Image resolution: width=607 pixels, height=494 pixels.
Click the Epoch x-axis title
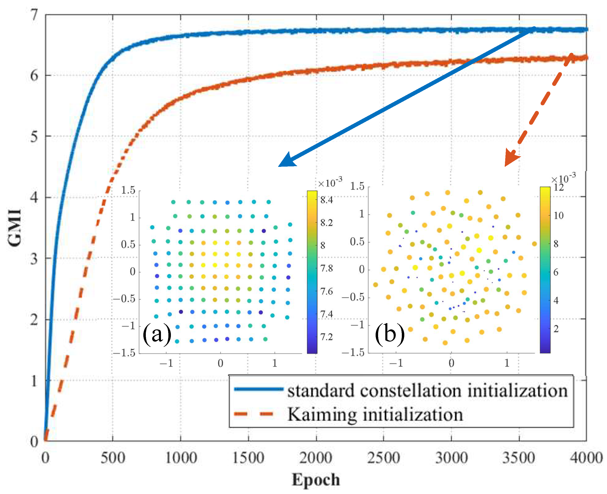pyautogui.click(x=316, y=480)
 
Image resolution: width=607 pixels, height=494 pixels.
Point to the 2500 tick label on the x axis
pyautogui.click(x=383, y=457)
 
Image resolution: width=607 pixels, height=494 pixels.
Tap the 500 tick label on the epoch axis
pyautogui.click(x=113, y=457)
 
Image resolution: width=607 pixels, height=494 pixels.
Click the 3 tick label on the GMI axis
pyautogui.click(x=34, y=258)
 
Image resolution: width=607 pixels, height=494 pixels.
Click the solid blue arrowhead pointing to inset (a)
pyautogui.click(x=286, y=161)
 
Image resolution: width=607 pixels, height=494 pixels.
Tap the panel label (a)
pyautogui.click(x=157, y=334)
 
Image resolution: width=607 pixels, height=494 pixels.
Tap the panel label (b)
pyautogui.click(x=390, y=334)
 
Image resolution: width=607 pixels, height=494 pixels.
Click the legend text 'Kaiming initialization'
pyautogui.click(x=375, y=414)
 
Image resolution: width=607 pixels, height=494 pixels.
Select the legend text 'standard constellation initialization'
pyautogui.click(x=427, y=391)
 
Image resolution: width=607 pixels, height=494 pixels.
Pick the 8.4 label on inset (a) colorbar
pyautogui.click(x=326, y=200)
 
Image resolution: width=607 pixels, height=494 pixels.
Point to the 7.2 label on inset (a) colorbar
pyautogui.click(x=326, y=337)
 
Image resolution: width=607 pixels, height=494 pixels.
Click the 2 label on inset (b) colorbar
pyautogui.click(x=556, y=329)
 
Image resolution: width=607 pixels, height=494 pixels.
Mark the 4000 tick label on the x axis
pyautogui.click(x=586, y=457)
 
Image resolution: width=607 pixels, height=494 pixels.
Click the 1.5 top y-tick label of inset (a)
pyautogui.click(x=128, y=190)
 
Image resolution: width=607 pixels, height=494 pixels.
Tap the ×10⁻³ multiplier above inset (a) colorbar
pyautogui.click(x=330, y=182)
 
